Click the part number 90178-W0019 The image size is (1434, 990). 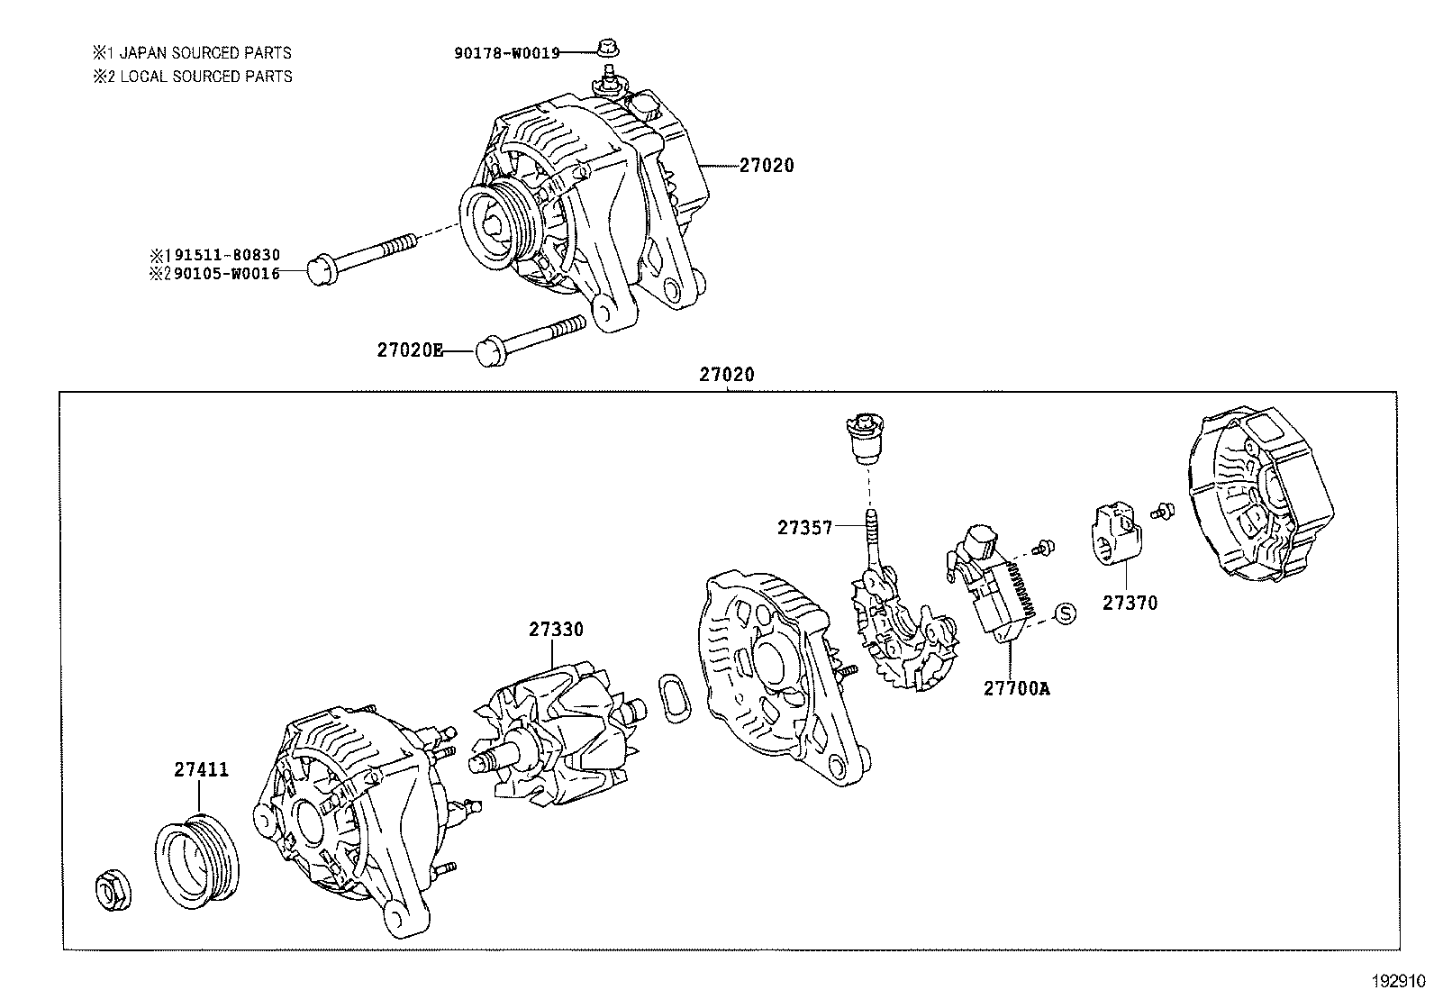click(x=506, y=52)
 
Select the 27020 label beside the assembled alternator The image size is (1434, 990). click(x=767, y=166)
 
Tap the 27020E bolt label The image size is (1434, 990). click(x=410, y=350)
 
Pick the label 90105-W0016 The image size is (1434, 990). click(x=226, y=273)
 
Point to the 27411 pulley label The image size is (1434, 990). click(x=201, y=769)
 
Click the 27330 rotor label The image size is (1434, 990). click(x=556, y=630)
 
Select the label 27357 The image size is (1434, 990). click(x=804, y=528)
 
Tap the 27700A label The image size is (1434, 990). click(x=1016, y=688)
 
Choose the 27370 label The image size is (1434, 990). click(x=1130, y=603)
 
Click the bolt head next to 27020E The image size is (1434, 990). click(x=490, y=351)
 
